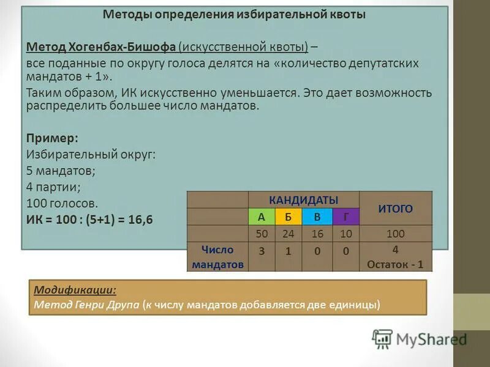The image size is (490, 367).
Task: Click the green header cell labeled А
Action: (262, 217)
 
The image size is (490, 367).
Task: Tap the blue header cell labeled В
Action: (317, 217)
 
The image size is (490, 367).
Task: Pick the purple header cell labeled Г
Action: (346, 217)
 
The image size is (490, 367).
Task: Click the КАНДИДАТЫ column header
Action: (304, 200)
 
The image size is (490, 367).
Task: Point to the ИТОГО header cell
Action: (395, 209)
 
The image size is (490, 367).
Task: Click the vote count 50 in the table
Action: (262, 234)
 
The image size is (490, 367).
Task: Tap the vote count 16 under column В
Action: (317, 234)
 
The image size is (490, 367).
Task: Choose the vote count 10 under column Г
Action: (346, 234)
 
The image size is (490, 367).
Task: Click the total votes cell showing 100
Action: (395, 234)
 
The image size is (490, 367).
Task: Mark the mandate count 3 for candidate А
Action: (262, 251)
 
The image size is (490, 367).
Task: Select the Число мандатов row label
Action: (217, 257)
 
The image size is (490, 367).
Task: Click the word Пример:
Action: (53, 138)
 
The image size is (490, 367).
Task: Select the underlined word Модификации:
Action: (75, 290)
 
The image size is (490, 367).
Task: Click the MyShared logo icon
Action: (382, 339)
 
